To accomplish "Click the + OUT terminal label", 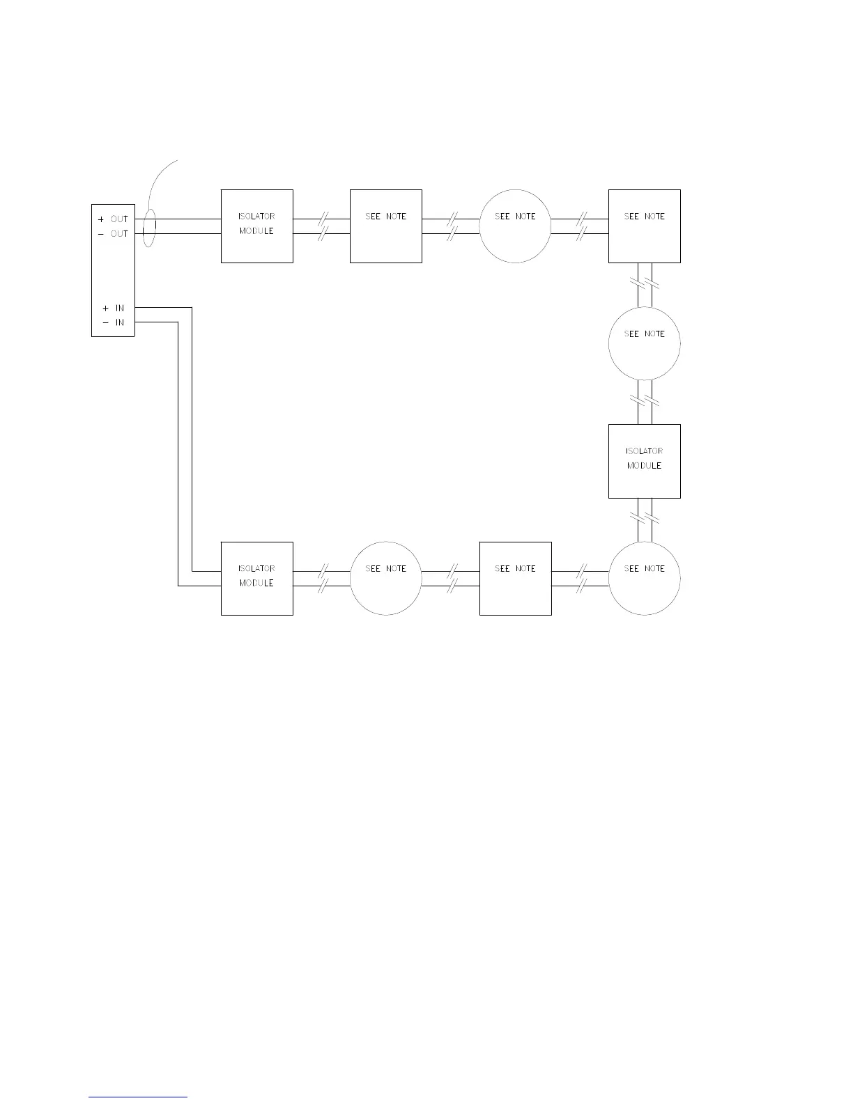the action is [114, 219].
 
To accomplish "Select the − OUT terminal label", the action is [114, 234].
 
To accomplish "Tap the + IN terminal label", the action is [114, 308].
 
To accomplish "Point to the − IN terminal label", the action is [114, 322].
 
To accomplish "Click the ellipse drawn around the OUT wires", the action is [148, 227].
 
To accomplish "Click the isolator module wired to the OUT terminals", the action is [256, 226].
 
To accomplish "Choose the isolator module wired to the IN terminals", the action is [256, 578].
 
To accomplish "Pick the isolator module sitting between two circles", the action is [644, 461].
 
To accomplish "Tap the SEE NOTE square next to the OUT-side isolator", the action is [385, 226].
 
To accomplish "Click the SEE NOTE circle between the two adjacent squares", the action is [515, 226].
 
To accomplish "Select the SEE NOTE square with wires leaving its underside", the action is [644, 226].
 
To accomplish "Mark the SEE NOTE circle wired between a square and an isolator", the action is [644, 343].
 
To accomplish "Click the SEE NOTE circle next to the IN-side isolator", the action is [385, 578].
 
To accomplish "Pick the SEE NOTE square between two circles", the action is [515, 578].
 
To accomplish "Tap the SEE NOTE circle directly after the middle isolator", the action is [644, 578].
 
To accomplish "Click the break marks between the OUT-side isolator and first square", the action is [322, 226].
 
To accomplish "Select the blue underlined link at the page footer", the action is [138, 1097].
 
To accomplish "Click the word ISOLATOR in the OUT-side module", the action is [256, 217].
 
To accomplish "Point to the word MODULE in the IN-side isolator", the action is [256, 584].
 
